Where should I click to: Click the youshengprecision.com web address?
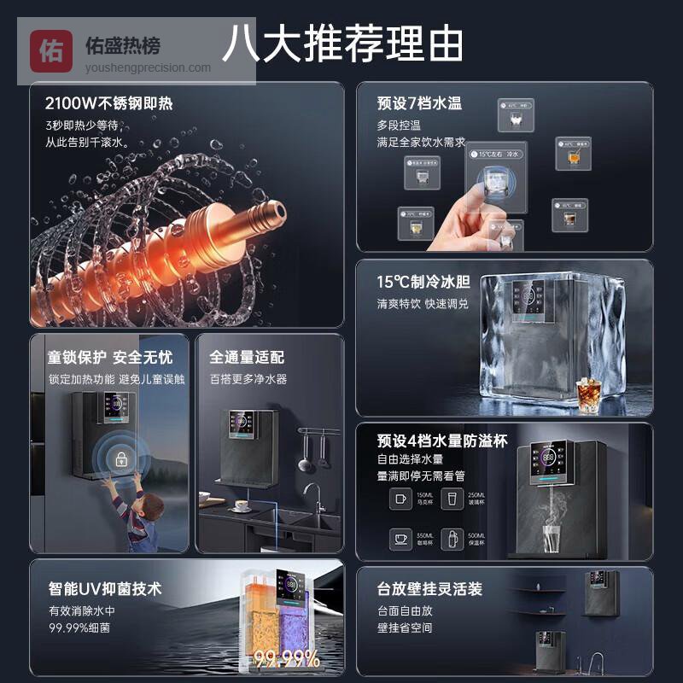pyautogui.click(x=148, y=68)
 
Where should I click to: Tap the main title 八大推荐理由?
pyautogui.click(x=341, y=43)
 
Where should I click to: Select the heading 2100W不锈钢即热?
pyautogui.click(x=108, y=104)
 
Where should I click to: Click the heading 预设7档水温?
pyautogui.click(x=419, y=103)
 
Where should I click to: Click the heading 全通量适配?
pyautogui.click(x=247, y=357)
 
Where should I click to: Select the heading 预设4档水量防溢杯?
pyautogui.click(x=442, y=441)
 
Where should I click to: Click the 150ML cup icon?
pyautogui.click(x=399, y=499)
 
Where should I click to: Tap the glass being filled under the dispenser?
pyautogui.click(x=551, y=540)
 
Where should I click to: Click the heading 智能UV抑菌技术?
pyautogui.click(x=105, y=589)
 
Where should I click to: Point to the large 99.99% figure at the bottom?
pyautogui.click(x=287, y=658)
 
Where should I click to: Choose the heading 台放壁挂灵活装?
pyautogui.click(x=430, y=589)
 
